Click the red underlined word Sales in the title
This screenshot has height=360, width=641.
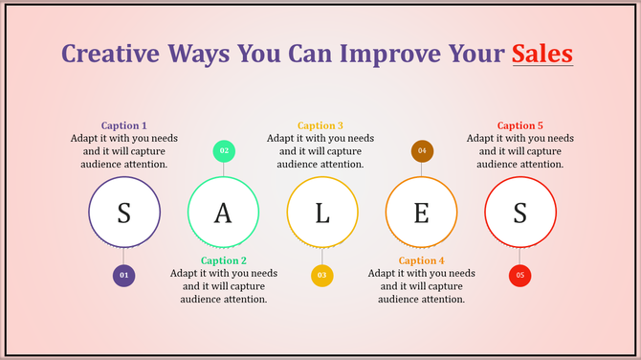542,53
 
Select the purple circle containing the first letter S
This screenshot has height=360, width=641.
123,213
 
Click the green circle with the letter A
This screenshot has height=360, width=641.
223,213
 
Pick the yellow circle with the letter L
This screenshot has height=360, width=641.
322,213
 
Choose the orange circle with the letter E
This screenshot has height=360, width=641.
421,213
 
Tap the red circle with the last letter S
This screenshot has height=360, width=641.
520,213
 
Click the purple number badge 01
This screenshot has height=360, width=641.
123,276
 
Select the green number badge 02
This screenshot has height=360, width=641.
224,150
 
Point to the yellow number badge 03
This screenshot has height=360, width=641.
322,276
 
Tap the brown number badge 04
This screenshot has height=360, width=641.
422,150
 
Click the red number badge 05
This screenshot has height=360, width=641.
520,276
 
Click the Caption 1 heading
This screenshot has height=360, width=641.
124,125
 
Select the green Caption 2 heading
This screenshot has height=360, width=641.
224,260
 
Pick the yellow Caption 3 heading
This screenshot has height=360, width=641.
320,125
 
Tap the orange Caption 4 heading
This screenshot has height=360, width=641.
422,260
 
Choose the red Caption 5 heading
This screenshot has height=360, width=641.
520,125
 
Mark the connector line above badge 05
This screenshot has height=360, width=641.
520,257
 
